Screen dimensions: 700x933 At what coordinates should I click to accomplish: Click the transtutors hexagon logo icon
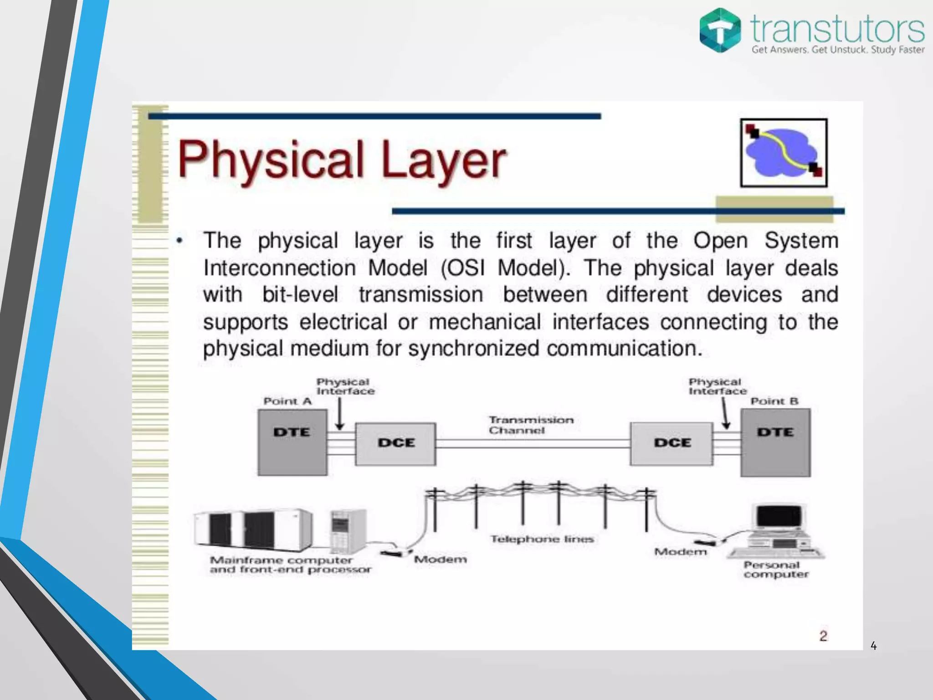pyautogui.click(x=720, y=30)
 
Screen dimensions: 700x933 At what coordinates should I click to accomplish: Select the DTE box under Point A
pyautogui.click(x=292, y=442)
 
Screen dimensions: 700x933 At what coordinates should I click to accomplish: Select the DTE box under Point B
pyautogui.click(x=775, y=442)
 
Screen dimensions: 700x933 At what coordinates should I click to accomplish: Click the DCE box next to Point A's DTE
pyautogui.click(x=395, y=444)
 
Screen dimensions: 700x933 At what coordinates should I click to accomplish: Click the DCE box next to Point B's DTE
pyautogui.click(x=672, y=444)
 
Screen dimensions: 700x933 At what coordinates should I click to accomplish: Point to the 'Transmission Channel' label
pyautogui.click(x=530, y=425)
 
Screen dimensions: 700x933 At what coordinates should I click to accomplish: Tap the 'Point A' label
pyautogui.click(x=287, y=401)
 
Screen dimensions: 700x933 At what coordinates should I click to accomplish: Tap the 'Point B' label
pyautogui.click(x=774, y=401)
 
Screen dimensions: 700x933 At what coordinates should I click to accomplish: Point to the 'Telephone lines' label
pyautogui.click(x=542, y=539)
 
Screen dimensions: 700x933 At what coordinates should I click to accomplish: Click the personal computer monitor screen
pyautogui.click(x=779, y=517)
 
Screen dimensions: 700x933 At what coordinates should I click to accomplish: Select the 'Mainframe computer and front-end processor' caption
pyautogui.click(x=290, y=565)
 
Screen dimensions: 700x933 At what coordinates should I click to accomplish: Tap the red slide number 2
pyautogui.click(x=823, y=636)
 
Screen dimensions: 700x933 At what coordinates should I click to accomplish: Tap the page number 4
pyautogui.click(x=873, y=645)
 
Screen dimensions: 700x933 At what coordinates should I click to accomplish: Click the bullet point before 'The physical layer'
pyautogui.click(x=180, y=241)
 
